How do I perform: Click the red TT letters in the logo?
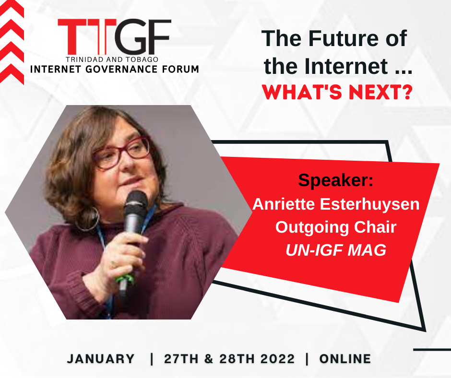pos(87,37)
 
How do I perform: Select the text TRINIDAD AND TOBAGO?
pos(112,59)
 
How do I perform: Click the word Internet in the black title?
pos(346,66)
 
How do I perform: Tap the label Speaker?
pos(336,180)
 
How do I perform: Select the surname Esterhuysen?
pos(369,204)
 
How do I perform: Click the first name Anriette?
pos(284,204)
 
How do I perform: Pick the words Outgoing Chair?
pos(336,227)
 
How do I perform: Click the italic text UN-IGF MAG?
pos(336,250)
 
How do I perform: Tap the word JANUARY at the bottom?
pos(101,359)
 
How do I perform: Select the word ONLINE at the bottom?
pos(345,359)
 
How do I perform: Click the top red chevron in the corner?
pos(12,9)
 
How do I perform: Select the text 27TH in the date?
pos(181,359)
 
